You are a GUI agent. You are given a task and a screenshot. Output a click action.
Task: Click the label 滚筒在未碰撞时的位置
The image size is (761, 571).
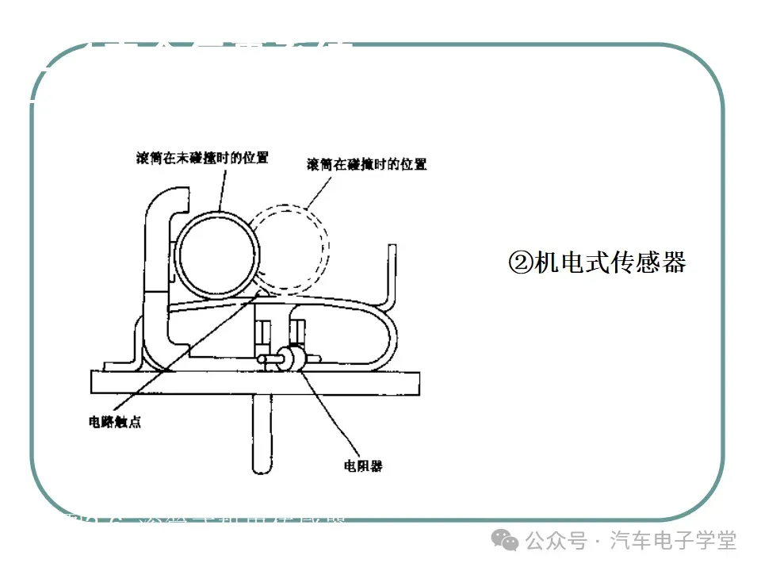(202, 158)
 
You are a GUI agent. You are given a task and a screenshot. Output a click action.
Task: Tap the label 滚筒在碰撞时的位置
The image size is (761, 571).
(366, 165)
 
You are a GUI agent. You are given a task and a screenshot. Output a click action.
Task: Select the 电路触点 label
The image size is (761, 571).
(115, 423)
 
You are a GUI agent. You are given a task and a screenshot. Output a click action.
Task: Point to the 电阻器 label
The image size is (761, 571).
(363, 466)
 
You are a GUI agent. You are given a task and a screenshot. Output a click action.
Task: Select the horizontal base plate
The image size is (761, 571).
(254, 381)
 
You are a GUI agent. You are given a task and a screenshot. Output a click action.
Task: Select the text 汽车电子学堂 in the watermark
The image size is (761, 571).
(673, 541)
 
